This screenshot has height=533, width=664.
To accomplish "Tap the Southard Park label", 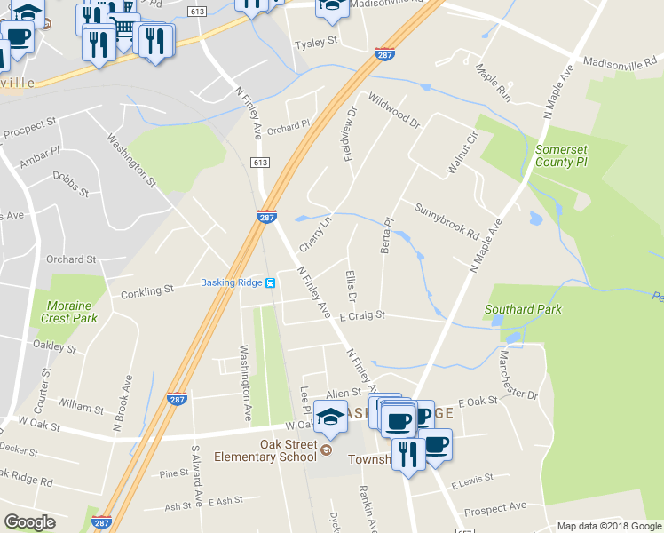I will [x=523, y=310].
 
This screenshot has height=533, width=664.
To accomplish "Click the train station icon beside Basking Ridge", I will [x=270, y=283].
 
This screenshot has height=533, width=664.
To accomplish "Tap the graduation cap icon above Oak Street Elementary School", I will [x=330, y=418].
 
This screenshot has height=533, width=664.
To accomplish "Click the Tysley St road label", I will [x=317, y=42].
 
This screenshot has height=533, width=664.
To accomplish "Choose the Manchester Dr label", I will [x=518, y=374].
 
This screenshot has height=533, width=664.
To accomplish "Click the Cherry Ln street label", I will [x=315, y=232].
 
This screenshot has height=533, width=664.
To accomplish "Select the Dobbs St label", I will [x=71, y=185].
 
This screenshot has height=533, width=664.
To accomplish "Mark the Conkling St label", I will [x=146, y=290].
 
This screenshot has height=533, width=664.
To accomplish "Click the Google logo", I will [x=29, y=521].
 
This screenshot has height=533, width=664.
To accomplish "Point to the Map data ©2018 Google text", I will [x=609, y=526].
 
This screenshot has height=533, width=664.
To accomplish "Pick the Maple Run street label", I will [x=494, y=82].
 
